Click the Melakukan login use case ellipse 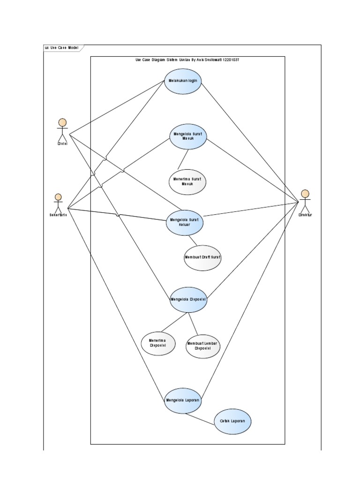(x=183, y=81)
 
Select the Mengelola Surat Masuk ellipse (x=188, y=136)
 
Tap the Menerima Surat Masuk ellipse (x=187, y=181)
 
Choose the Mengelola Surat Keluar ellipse (x=185, y=222)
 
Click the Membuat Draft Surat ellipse (x=202, y=257)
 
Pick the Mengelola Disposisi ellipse (x=188, y=299)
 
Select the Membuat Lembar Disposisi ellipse (x=203, y=345)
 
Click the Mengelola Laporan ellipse (x=183, y=400)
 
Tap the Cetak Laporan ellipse (x=232, y=421)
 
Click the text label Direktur (x=305, y=215)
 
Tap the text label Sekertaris (x=58, y=215)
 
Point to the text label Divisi (x=62, y=143)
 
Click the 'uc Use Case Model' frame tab (x=62, y=48)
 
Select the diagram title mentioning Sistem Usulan (x=187, y=60)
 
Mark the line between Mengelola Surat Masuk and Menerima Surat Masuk (x=183, y=159)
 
